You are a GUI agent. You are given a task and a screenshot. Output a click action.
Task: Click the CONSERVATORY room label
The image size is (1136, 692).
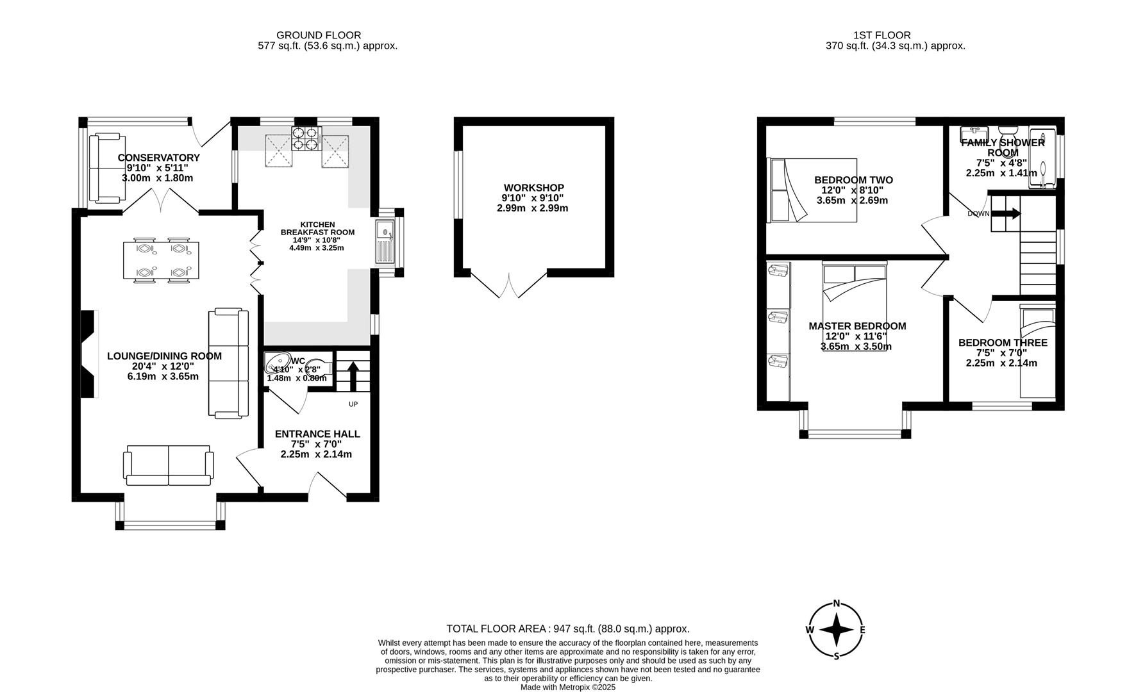(158, 158)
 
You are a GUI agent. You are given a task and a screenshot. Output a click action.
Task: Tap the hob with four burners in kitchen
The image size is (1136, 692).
(306, 139)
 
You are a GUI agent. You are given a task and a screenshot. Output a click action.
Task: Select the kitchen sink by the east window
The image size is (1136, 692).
(386, 241)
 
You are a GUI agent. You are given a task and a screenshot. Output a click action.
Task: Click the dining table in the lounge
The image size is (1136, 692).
(162, 260)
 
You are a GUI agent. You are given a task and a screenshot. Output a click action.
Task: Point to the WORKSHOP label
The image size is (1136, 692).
(533, 188)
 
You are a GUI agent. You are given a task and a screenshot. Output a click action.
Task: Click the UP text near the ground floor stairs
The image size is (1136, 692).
(353, 404)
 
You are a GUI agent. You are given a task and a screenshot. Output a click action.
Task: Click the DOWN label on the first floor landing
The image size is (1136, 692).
(978, 214)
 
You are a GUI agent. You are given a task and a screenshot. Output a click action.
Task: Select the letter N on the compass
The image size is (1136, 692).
(836, 603)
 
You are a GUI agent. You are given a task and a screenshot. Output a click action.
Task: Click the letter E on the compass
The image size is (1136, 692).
(862, 630)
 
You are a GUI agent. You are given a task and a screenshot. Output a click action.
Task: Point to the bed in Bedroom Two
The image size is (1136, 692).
(814, 190)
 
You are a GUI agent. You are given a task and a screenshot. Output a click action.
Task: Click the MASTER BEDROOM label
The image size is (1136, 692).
(857, 326)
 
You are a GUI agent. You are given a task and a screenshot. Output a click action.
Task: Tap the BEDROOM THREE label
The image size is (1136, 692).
(1003, 343)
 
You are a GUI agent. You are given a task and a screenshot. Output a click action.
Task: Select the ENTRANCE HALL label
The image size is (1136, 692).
(317, 434)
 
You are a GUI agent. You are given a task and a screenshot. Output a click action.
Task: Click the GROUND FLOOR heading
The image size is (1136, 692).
(319, 35)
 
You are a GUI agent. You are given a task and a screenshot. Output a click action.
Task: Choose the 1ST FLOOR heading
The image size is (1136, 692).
(881, 35)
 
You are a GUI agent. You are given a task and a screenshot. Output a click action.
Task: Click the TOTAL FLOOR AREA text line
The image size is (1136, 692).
(567, 629)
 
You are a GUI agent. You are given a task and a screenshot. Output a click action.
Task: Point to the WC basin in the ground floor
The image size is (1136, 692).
(278, 363)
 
